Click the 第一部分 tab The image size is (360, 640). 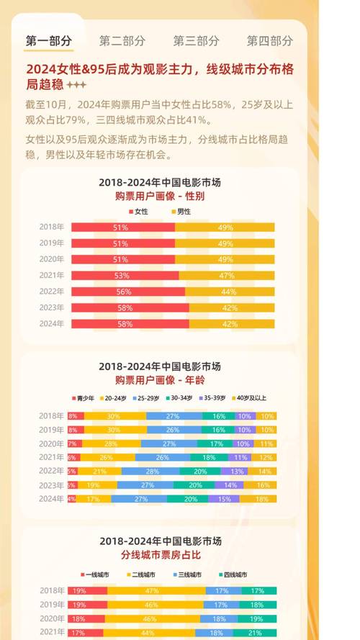point(49,41)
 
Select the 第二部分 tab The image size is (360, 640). point(122,41)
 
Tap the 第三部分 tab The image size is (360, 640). point(196,41)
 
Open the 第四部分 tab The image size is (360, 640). point(269,41)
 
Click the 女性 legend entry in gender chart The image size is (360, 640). point(138,212)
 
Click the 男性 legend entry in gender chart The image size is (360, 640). point(180,212)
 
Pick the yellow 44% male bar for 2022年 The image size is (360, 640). point(230,292)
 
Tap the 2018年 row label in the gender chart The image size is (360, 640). point(52,227)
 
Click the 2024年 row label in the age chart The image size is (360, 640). point(52,499)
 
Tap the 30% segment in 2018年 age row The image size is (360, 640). point(114,416)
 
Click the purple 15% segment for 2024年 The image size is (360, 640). point(224,499)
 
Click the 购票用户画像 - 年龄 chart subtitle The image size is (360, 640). point(159,380)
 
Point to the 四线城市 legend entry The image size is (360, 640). point(234,574)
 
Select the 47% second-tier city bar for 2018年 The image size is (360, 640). point(153,590)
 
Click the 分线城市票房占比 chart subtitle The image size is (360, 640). point(159,556)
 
